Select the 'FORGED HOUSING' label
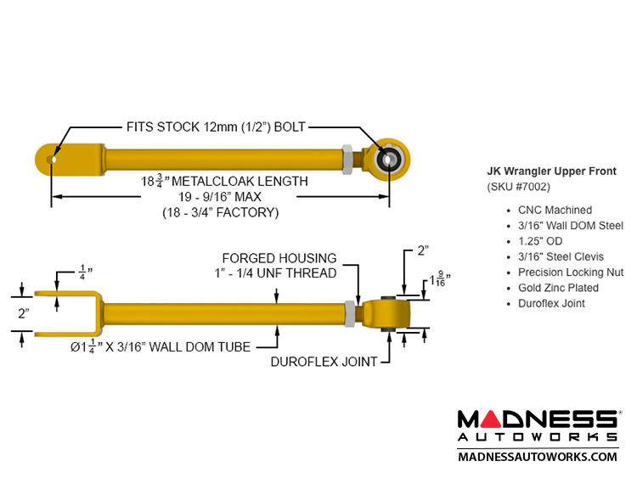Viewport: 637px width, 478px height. click(279, 257)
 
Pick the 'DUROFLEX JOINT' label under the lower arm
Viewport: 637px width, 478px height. click(324, 362)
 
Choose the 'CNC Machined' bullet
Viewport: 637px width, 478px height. click(554, 210)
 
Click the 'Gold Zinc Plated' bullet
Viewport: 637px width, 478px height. click(558, 288)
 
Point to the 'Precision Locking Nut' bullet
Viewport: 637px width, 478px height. click(570, 273)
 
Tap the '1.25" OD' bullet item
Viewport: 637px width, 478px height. click(542, 241)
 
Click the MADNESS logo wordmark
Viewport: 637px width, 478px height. click(538, 419)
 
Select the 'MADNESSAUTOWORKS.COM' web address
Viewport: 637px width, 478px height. click(538, 457)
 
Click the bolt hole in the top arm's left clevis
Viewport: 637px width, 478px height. click(54, 158)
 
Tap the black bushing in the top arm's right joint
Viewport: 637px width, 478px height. click(392, 157)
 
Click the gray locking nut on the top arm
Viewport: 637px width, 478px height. click(348, 157)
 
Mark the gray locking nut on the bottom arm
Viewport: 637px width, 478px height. click(350, 313)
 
